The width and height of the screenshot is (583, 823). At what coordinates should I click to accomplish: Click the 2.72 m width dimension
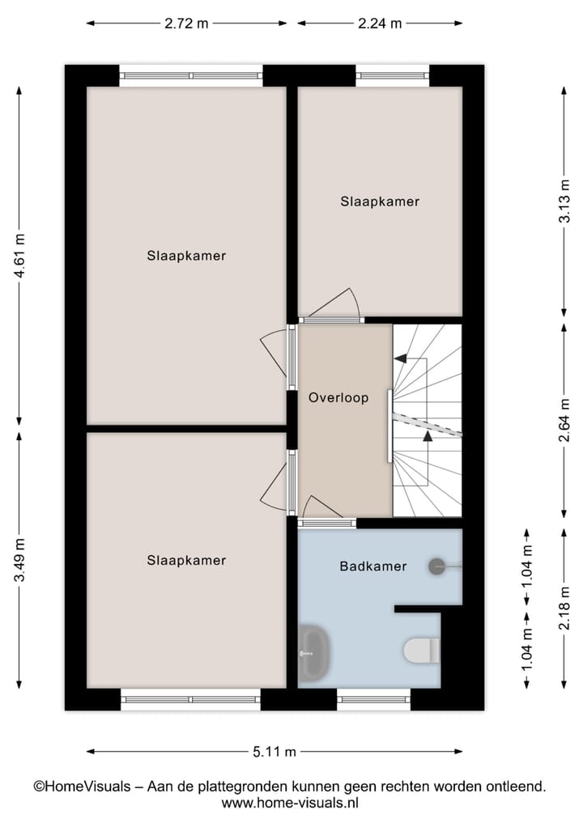[x=186, y=23]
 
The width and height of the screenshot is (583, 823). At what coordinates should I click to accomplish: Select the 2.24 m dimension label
[x=380, y=23]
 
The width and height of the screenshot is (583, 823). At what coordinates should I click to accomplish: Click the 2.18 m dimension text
[x=564, y=608]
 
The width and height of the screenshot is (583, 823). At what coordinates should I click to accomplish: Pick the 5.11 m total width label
[x=274, y=752]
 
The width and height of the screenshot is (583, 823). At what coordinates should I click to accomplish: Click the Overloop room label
[x=338, y=398]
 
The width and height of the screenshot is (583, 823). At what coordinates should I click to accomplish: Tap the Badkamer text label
[x=372, y=566]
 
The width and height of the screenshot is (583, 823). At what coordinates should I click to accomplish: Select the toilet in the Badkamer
[x=421, y=649]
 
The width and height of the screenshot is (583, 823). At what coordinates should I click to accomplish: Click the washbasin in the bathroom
[x=313, y=653]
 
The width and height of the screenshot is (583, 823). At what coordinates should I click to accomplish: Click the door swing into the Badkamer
[x=321, y=507]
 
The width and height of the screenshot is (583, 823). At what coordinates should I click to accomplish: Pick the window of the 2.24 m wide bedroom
[x=393, y=75]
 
